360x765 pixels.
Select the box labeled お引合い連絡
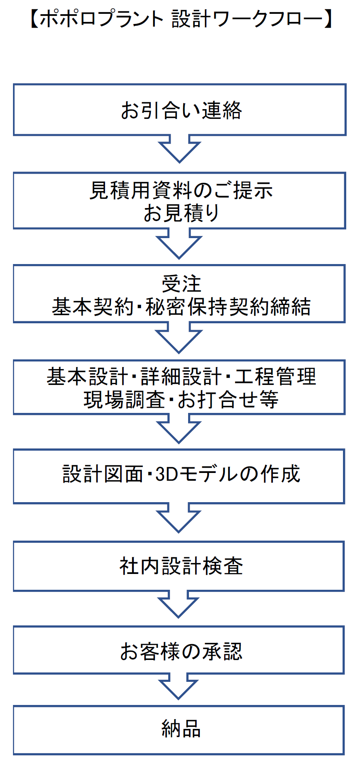(180, 110)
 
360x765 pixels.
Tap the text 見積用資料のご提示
(181, 190)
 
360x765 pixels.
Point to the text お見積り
(181, 213)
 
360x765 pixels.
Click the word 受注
(181, 284)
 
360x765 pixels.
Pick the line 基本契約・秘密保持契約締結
(181, 306)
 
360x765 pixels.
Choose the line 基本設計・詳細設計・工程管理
(181, 376)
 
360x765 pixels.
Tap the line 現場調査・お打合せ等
(181, 400)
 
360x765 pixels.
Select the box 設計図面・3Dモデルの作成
(179, 476)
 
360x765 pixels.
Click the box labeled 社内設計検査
(178, 566)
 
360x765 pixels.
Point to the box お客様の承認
(178, 650)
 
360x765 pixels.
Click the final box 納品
(178, 730)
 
